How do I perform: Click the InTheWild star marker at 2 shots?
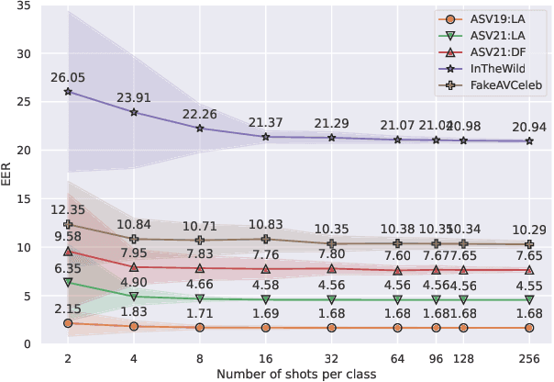click(68, 92)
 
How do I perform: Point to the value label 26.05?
click(68, 77)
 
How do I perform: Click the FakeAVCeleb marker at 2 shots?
click(68, 224)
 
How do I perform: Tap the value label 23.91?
click(134, 97)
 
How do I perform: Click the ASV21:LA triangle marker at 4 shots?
click(134, 297)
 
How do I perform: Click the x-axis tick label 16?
click(266, 358)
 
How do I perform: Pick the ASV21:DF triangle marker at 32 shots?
click(331, 269)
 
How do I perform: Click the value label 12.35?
click(68, 210)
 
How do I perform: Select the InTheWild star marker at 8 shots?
click(200, 129)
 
